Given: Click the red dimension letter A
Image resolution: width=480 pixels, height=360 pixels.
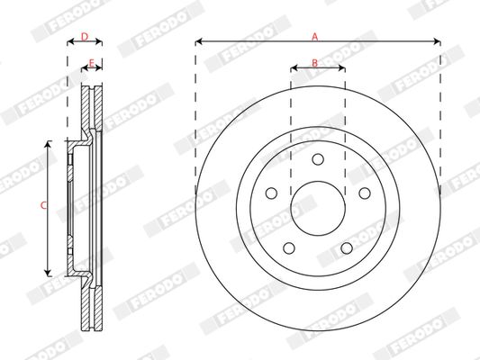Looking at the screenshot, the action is coord(315,37).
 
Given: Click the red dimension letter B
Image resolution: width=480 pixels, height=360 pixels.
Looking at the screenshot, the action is coord(314,63).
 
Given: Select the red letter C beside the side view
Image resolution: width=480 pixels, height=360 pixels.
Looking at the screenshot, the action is coord(44,205).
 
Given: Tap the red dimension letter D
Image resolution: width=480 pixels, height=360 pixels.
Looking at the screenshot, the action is coord(85,37).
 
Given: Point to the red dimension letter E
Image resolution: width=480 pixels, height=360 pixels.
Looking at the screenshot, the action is coord(91,63).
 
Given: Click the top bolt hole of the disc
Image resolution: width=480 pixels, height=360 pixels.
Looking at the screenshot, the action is coord(318,159).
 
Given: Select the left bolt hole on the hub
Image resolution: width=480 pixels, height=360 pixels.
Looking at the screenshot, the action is coord(272,193).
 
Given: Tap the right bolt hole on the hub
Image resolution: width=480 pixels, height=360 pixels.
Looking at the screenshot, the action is coord(365,193).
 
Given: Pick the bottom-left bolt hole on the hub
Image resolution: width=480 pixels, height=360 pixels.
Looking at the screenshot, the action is coord(289,248).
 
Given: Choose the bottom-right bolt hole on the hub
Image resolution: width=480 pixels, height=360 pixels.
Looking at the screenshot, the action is coord(347,248).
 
